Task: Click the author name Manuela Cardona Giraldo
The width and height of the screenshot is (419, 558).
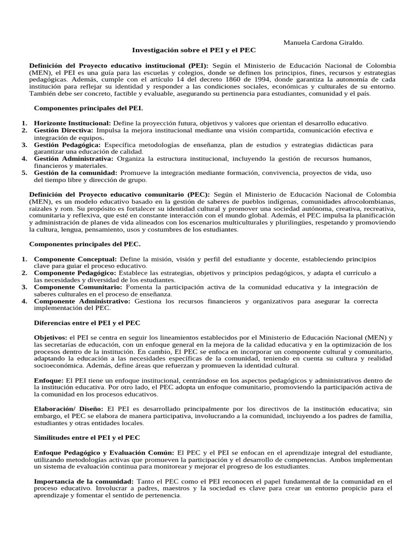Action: [324, 42]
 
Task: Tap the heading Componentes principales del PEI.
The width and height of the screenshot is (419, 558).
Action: [88, 108]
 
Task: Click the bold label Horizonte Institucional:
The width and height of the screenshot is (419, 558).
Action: [73, 123]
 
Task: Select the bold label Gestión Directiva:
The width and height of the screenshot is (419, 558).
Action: [63, 130]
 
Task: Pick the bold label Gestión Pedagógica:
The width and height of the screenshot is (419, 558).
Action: [67, 145]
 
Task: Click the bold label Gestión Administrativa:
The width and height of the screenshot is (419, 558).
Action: [74, 159]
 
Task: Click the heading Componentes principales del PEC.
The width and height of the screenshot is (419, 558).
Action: [85, 244]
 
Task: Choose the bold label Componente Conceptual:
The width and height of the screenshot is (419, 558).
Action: [75, 258]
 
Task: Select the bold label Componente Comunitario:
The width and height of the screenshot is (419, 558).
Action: [78, 287]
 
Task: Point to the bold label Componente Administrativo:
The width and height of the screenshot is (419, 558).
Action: [82, 301]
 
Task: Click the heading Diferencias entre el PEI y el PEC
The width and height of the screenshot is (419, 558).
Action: [87, 323]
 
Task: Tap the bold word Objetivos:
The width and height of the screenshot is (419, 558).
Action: [50, 337]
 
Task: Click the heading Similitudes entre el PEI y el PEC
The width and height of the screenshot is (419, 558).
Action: [87, 438]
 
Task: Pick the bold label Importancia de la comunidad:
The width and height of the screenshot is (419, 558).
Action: [83, 481]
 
